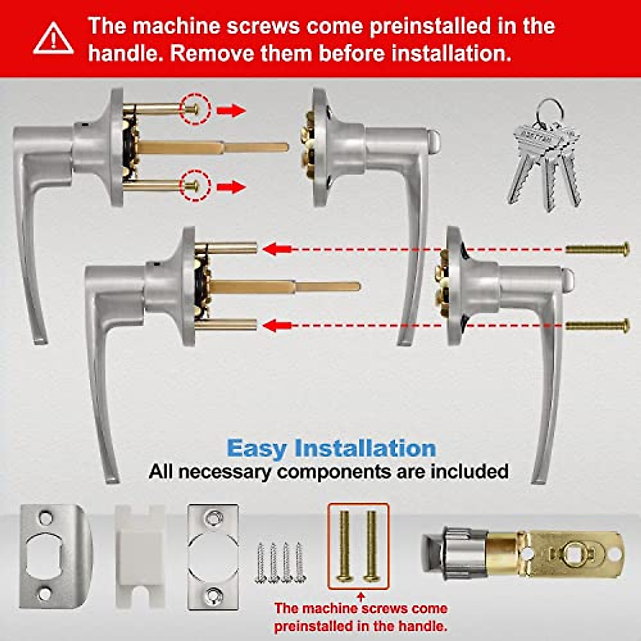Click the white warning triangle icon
point(53,39)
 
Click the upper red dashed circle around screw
point(196,110)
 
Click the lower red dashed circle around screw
point(196,186)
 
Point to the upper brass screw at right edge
point(598,249)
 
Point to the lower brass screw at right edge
point(598,325)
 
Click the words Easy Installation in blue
point(331,448)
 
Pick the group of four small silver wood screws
point(279,562)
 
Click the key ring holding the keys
point(548,111)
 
